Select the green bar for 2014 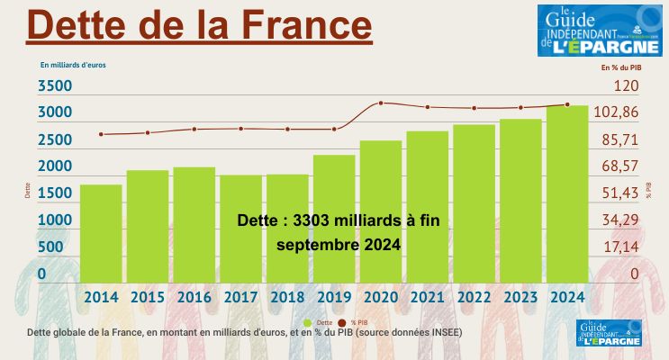101,234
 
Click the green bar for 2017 240,229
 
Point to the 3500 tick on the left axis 55,86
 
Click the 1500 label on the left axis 55,193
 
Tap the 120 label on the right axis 626,86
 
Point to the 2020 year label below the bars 381,297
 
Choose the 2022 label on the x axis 475,297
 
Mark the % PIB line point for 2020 381,103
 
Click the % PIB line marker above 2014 101,134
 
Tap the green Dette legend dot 308,322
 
